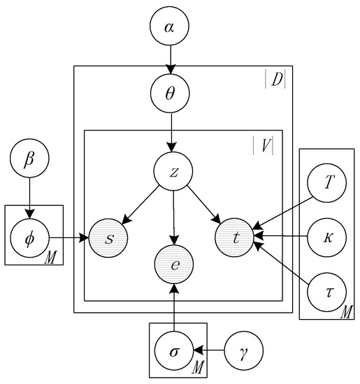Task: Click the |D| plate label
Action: (275, 80)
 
